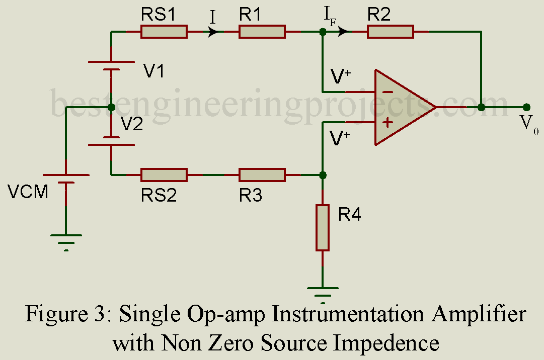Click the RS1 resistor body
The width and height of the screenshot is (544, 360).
[x=164, y=32]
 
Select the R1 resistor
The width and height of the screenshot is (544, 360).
[x=262, y=32]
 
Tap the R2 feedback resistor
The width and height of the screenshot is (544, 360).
[x=391, y=32]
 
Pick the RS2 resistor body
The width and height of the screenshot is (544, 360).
[x=164, y=175]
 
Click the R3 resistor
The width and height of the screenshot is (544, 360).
[x=262, y=175]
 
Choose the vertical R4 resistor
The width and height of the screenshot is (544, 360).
[x=323, y=227]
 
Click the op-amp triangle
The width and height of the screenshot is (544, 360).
[x=400, y=107]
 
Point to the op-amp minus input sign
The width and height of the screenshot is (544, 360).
[x=387, y=92]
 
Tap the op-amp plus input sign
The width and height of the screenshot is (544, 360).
[x=387, y=122]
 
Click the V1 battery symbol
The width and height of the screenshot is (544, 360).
[x=111, y=66]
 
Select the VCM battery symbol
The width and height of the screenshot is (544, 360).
[x=66, y=179]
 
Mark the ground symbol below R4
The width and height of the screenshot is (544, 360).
[x=323, y=292]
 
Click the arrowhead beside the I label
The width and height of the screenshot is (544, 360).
[x=214, y=32]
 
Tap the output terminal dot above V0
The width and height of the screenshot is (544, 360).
[x=526, y=107]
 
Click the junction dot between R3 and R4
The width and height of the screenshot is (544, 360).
[x=323, y=175]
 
